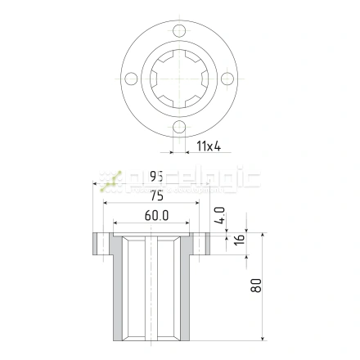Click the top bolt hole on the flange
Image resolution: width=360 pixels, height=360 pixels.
point(180,31)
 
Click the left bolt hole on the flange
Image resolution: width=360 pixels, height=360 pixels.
point(129,79)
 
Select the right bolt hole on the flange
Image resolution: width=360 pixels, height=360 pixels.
point(228,79)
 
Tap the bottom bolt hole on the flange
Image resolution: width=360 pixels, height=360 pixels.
point(180,127)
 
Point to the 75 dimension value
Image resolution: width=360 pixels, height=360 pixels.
point(156,196)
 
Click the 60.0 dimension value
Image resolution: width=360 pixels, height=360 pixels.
point(156,217)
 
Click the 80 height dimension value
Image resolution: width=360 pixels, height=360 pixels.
point(257,286)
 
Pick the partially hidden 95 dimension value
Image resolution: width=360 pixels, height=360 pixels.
point(156,177)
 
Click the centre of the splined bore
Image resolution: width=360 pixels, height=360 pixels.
point(180,79)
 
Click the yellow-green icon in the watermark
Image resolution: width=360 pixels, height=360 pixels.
point(110,180)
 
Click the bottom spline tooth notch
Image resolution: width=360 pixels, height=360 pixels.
point(180,106)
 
